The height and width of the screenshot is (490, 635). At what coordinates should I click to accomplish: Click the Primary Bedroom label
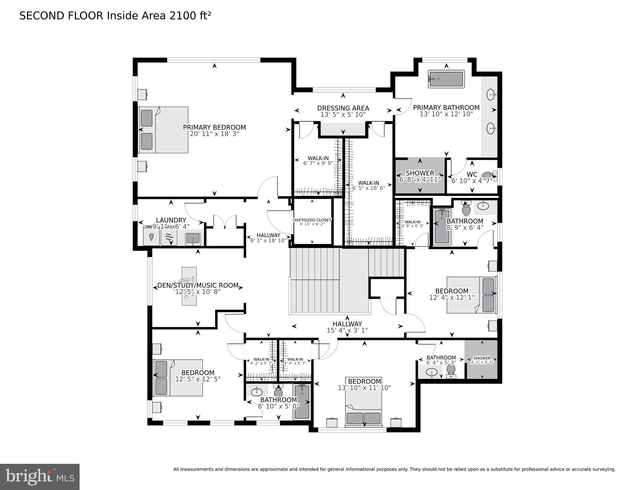point(214,127)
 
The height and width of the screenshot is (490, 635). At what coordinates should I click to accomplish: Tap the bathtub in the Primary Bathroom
point(446,79)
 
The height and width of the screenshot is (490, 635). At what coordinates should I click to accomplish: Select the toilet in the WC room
point(488,175)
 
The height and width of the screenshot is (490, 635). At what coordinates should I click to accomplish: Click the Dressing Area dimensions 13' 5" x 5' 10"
point(343,115)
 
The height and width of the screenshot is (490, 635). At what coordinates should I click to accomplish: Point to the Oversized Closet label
point(312,220)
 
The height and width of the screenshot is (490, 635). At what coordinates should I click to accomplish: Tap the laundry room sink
point(193,239)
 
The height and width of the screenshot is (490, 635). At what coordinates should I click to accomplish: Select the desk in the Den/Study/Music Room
point(189,286)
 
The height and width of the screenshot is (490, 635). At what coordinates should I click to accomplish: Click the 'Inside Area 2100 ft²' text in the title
point(159,16)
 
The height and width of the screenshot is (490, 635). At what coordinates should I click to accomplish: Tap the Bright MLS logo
point(40,477)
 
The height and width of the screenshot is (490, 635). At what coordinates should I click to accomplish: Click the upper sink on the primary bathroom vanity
point(491,94)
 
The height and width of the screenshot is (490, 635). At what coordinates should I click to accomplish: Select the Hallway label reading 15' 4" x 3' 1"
point(347,327)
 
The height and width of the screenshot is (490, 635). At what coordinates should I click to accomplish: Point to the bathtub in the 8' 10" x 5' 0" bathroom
point(302,402)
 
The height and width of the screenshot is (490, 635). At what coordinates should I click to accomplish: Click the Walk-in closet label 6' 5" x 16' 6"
point(368,185)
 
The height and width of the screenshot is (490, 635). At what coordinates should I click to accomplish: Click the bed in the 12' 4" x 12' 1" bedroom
point(471,295)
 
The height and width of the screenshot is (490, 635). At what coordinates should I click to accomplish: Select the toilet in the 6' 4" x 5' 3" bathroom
point(451,370)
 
